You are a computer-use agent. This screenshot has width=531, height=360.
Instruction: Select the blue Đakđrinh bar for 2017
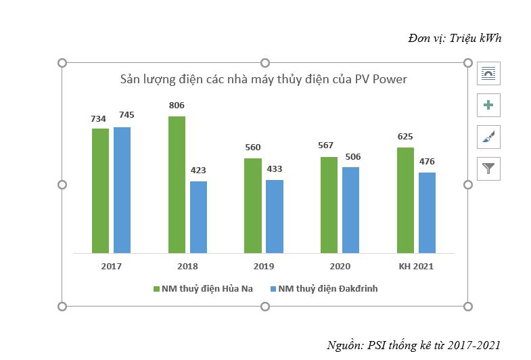pyautogui.click(x=122, y=189)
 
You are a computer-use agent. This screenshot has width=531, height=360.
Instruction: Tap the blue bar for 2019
pyautogui.click(x=274, y=216)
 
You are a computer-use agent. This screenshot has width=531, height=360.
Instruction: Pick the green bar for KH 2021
pyautogui.click(x=405, y=200)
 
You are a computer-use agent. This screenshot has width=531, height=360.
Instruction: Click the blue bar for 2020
pyautogui.click(x=350, y=210)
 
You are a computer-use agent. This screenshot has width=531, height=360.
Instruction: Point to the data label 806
pyautogui.click(x=177, y=106)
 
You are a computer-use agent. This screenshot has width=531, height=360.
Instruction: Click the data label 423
pyautogui.click(x=198, y=171)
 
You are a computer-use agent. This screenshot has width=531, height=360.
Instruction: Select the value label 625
pyautogui.click(x=405, y=137)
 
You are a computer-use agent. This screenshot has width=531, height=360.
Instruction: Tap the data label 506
pyautogui.click(x=352, y=157)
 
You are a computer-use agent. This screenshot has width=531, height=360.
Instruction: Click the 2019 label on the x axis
pyautogui.click(x=263, y=267)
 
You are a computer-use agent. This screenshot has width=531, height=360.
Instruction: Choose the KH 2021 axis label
pyautogui.click(x=416, y=267)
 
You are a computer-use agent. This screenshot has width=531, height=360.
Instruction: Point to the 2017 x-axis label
pyautogui.click(x=111, y=267)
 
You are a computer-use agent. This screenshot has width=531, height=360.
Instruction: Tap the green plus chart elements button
pyautogui.click(x=488, y=105)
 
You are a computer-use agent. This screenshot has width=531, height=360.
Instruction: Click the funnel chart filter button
pyautogui.click(x=488, y=168)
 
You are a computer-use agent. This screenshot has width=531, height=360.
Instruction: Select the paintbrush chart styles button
pyautogui.click(x=488, y=137)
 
